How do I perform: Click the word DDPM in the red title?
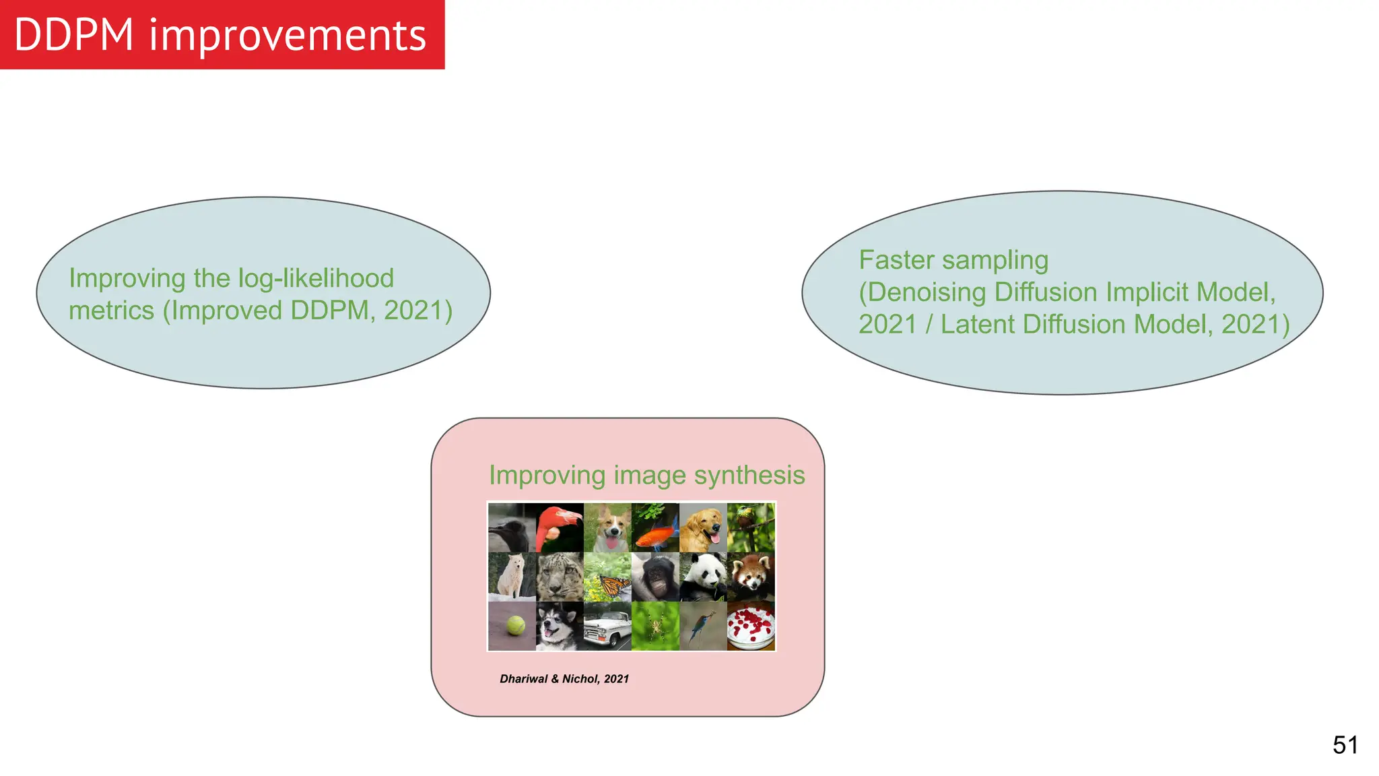(73, 35)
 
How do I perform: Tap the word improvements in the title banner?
(288, 35)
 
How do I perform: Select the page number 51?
(1345, 745)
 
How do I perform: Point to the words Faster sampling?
(953, 260)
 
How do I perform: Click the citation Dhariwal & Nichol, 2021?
(564, 679)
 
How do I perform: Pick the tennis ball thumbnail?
(512, 626)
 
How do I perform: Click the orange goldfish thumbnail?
(655, 528)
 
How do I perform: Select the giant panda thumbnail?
(703, 577)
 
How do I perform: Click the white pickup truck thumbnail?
(607, 626)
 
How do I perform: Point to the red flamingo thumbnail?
(560, 528)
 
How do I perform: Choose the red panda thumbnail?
(751, 577)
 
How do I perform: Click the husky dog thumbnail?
(560, 626)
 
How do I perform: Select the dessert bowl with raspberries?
(751, 626)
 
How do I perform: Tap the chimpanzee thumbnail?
(655, 577)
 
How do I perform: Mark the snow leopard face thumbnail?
(560, 577)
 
